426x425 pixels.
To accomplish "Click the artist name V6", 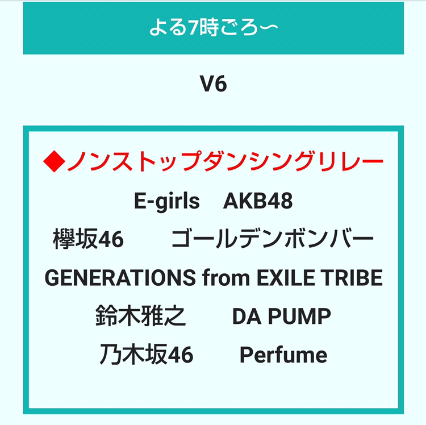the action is (213, 84).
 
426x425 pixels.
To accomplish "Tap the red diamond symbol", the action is (55, 161).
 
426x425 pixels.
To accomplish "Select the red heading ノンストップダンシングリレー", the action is (225, 161).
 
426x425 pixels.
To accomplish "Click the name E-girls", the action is (167, 201).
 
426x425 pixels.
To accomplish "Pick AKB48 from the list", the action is (258, 201).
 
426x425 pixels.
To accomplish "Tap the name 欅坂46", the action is (88, 239).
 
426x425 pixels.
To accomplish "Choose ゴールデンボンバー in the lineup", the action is (273, 239).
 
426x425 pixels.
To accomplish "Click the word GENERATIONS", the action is (120, 277).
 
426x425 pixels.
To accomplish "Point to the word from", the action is (226, 277).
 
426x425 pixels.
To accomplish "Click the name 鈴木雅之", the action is (141, 316).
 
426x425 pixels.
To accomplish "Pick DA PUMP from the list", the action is (282, 316).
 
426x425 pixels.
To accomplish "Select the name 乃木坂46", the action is (147, 354).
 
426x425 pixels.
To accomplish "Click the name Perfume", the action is (283, 355).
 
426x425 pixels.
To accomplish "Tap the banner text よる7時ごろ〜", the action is (214, 28).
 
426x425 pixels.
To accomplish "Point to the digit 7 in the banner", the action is (193, 28).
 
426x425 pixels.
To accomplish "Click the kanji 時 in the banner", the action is (209, 28).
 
